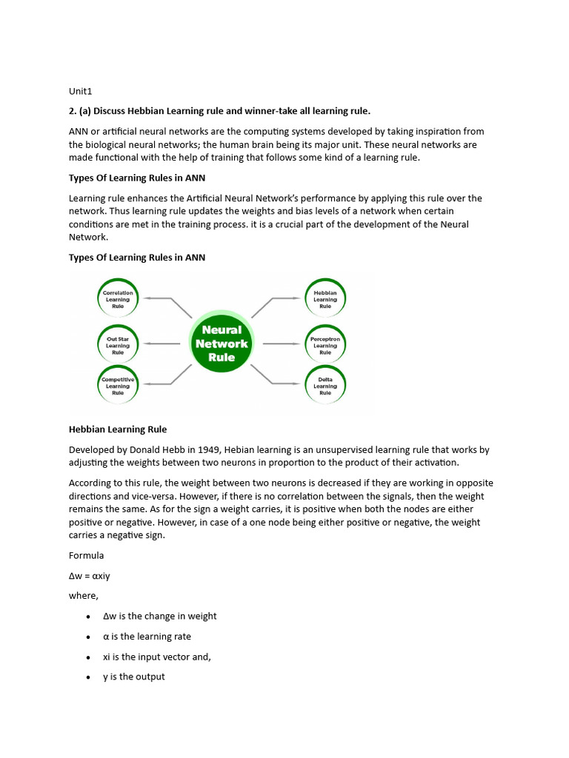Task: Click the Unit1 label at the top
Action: (80, 91)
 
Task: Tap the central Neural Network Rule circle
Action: (222, 343)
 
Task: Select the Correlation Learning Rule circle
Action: (118, 299)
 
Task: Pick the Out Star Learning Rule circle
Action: (118, 346)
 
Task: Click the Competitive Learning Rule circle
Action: (118, 386)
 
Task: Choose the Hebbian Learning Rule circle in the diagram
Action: (325, 299)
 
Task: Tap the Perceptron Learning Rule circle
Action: (325, 346)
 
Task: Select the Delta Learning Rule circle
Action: (325, 386)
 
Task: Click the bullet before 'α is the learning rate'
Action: (89, 637)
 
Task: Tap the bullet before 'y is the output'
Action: (89, 677)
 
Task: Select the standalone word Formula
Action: (86, 555)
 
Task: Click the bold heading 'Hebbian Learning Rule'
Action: (118, 429)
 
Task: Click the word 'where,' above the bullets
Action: (83, 595)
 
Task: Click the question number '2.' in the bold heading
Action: (73, 111)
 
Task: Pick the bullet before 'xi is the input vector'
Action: (89, 657)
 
